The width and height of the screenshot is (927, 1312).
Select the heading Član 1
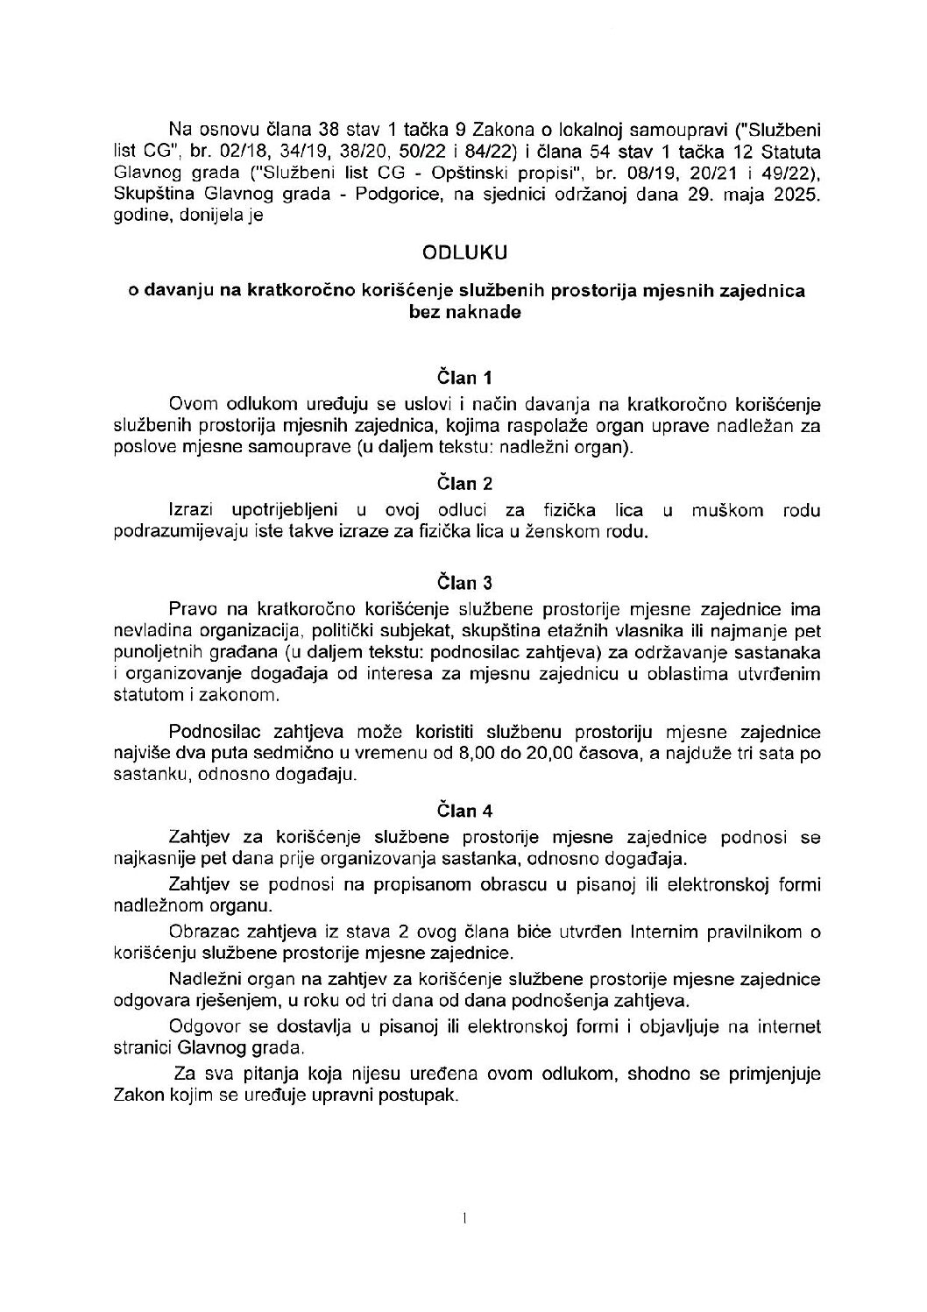pyautogui.click(x=464, y=379)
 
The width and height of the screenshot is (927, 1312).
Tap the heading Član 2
pyautogui.click(x=464, y=483)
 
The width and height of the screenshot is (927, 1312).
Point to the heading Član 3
pyautogui.click(x=464, y=583)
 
